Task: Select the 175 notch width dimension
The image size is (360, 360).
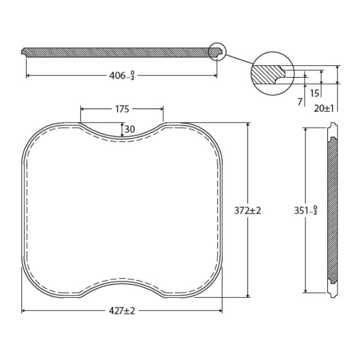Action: (x=122, y=109)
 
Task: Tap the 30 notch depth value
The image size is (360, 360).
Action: (x=129, y=129)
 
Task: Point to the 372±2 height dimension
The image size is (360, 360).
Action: (x=248, y=210)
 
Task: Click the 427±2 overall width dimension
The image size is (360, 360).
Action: (x=122, y=310)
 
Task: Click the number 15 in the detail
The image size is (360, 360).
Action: (x=314, y=93)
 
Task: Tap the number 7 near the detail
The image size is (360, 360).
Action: (x=300, y=101)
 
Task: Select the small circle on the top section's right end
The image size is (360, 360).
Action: (x=217, y=52)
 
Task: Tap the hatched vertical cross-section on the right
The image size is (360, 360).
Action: (x=333, y=210)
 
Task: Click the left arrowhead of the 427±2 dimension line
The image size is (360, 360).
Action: (x=24, y=310)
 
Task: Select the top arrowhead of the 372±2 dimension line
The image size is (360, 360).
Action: (x=248, y=125)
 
